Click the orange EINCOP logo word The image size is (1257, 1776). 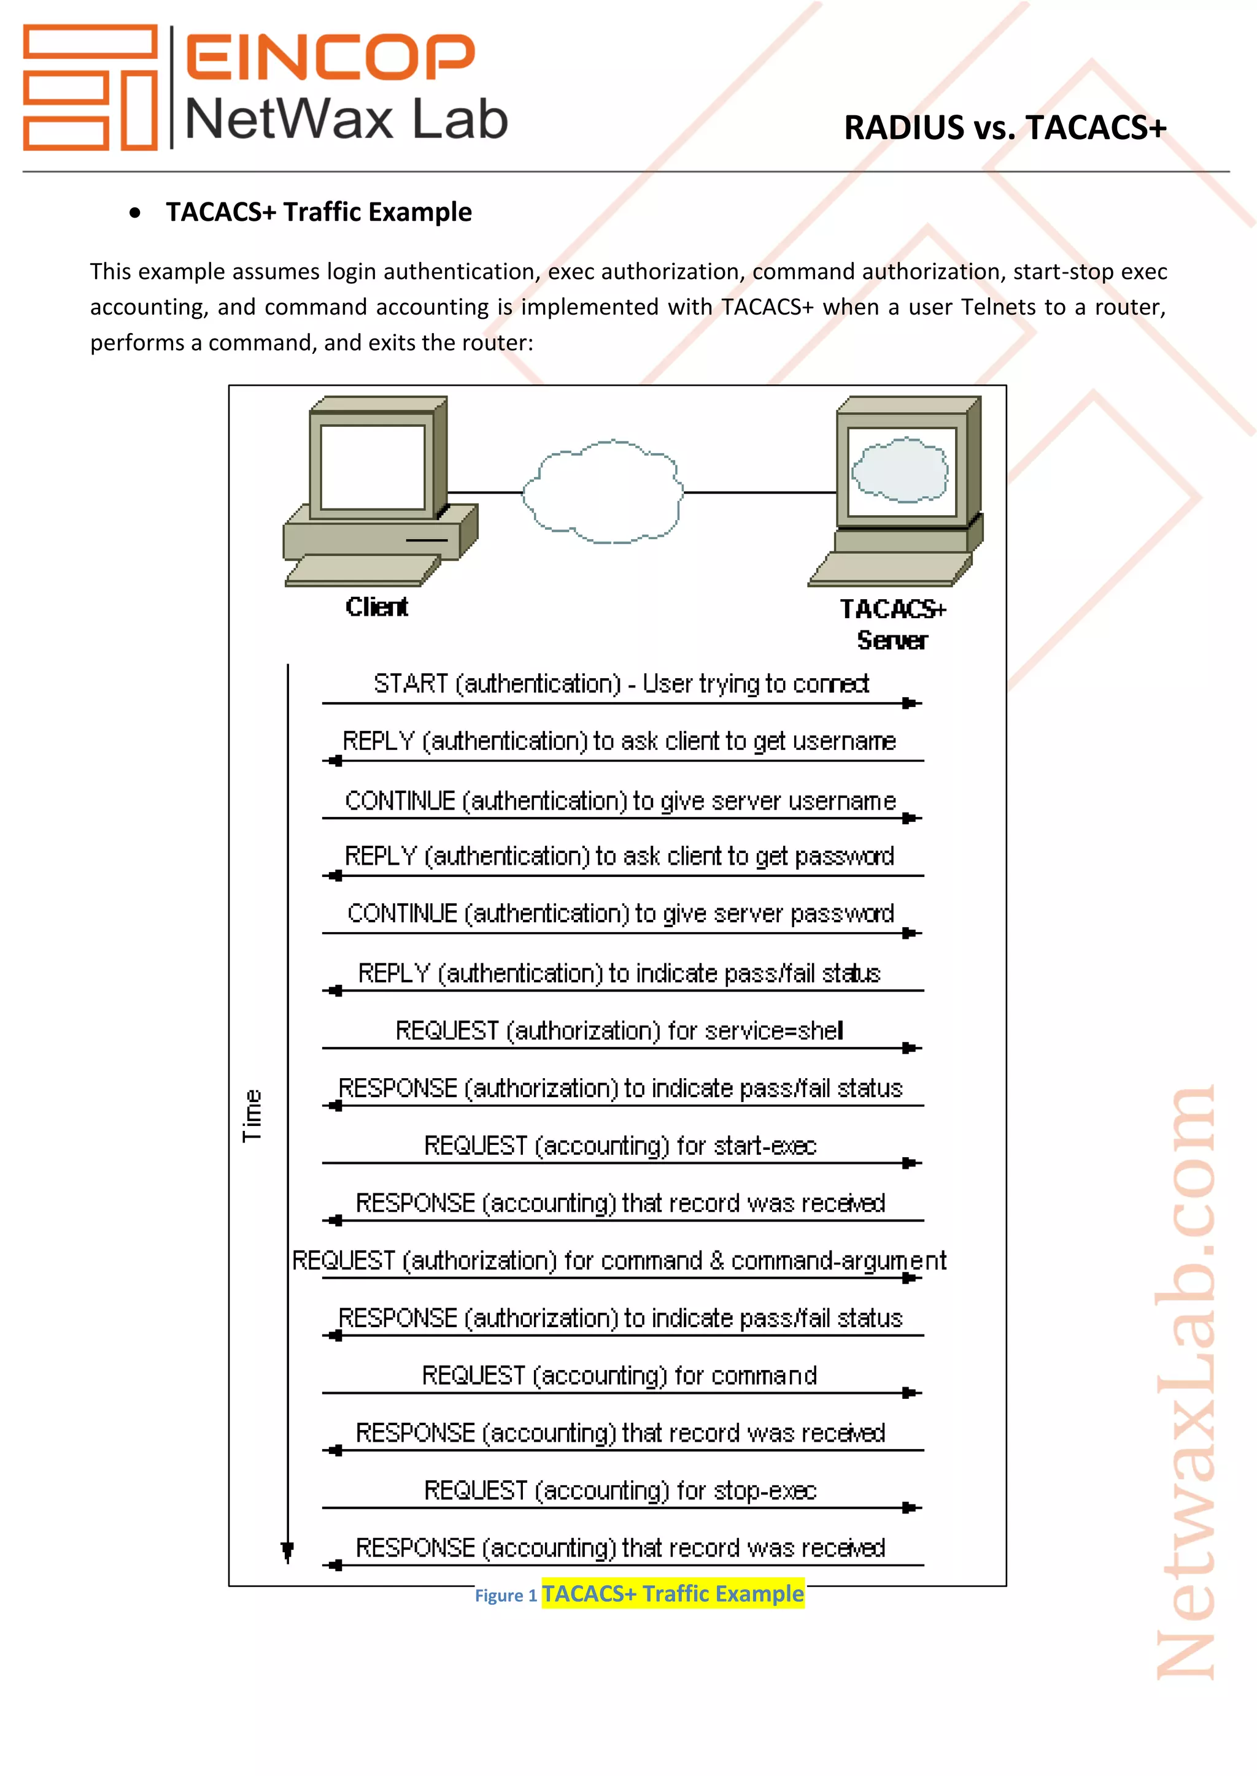pyautogui.click(x=330, y=56)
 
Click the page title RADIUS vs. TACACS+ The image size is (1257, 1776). pyautogui.click(x=1004, y=128)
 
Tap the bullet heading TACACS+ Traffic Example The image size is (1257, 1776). pyautogui.click(x=318, y=212)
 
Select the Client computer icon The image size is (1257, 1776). pyautogui.click(x=379, y=491)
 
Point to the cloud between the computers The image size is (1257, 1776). pyautogui.click(x=603, y=492)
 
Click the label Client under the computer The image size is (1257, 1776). pyautogui.click(x=376, y=607)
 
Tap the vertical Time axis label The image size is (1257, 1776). pyautogui.click(x=252, y=1116)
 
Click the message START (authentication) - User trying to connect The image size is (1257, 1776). pyautogui.click(x=621, y=684)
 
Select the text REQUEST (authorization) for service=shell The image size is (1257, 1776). pyautogui.click(x=619, y=1030)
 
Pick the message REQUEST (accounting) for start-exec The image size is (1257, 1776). pyautogui.click(x=620, y=1146)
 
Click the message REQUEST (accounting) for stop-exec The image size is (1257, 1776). pyautogui.click(x=620, y=1491)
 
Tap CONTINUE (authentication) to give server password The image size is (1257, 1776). pyautogui.click(x=620, y=914)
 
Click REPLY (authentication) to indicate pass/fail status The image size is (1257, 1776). pyautogui.click(x=619, y=973)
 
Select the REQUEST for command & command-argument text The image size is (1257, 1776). pyautogui.click(x=619, y=1261)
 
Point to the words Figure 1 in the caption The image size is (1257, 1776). pyautogui.click(x=505, y=1596)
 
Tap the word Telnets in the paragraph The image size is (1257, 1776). pyautogui.click(x=999, y=307)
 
